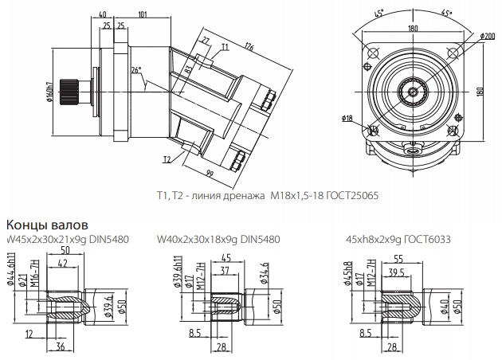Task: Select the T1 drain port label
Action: coord(226,47)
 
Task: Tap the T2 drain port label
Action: coord(167,159)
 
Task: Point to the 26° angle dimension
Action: coord(137,70)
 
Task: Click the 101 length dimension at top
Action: coord(142,14)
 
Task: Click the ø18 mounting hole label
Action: coord(347,119)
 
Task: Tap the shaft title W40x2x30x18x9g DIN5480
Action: coord(218,239)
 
